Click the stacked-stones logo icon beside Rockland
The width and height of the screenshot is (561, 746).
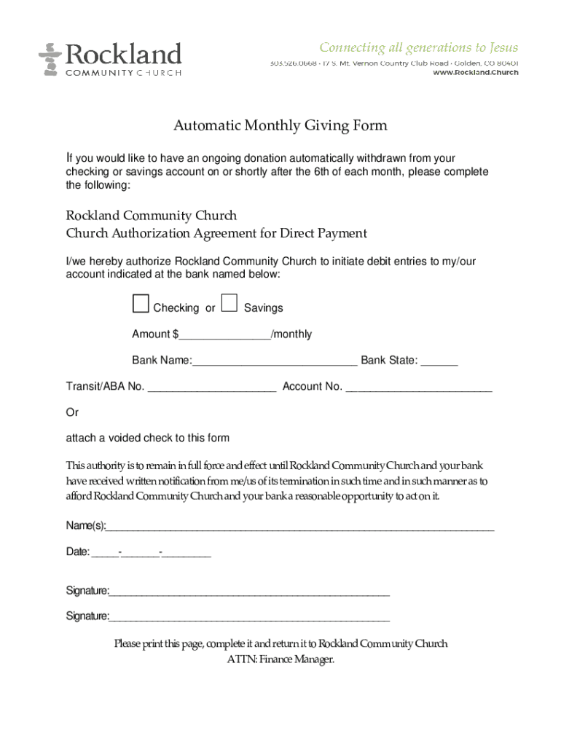(50, 59)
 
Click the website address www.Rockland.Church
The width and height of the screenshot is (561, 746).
(475, 72)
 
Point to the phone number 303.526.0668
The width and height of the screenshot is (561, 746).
(293, 63)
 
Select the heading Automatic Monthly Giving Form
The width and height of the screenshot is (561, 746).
(280, 125)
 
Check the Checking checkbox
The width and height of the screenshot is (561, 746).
(141, 304)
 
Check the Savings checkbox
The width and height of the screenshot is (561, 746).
(229, 304)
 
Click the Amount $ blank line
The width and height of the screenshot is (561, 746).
(224, 335)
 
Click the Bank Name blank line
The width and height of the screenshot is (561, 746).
(275, 361)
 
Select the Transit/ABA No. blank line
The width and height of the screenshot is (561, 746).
(211, 388)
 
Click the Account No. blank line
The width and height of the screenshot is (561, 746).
(419, 388)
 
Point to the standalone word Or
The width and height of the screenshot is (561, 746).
(72, 412)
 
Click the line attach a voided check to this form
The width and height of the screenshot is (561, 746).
(148, 438)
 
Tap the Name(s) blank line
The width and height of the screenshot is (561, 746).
(300, 527)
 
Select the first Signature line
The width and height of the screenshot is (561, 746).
(249, 592)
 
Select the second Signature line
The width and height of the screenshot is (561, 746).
(249, 618)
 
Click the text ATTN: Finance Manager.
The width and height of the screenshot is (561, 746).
(280, 660)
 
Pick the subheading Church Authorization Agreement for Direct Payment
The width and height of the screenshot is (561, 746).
(216, 233)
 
